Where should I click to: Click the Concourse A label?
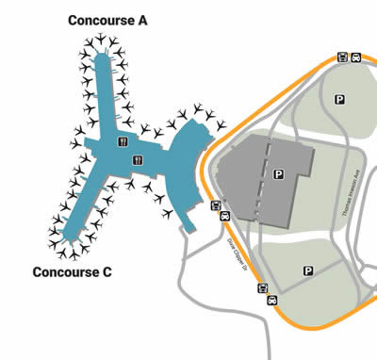(x=107, y=20)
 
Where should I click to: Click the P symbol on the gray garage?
(x=278, y=173)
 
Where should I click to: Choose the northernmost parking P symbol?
(x=338, y=97)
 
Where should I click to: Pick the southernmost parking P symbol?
(x=307, y=270)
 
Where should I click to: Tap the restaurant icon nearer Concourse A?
(x=122, y=141)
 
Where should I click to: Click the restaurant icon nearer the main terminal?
(x=138, y=159)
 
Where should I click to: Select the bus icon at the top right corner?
(x=341, y=57)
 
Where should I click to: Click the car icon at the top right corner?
(x=356, y=57)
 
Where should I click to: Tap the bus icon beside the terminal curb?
(x=216, y=205)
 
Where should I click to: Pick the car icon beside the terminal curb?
(x=224, y=216)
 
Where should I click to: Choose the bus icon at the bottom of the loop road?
(x=263, y=289)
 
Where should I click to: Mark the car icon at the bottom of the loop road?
(x=271, y=300)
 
